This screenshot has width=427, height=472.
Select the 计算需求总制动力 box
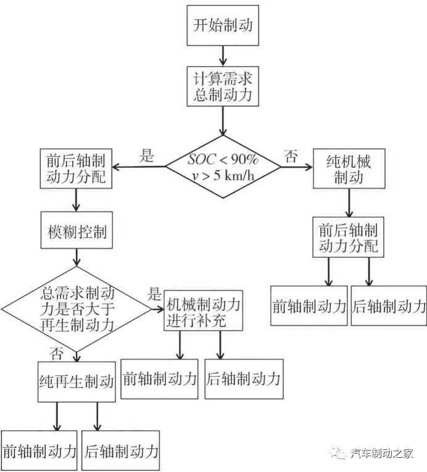223,87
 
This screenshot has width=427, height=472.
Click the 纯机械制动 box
349,168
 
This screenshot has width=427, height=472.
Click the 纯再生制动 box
77,381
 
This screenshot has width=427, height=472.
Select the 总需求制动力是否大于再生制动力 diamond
76,302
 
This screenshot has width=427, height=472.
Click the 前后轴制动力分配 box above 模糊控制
77,168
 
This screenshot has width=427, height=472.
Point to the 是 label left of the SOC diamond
146,156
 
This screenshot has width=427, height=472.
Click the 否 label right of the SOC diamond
290,156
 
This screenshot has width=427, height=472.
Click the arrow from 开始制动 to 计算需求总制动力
223,56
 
